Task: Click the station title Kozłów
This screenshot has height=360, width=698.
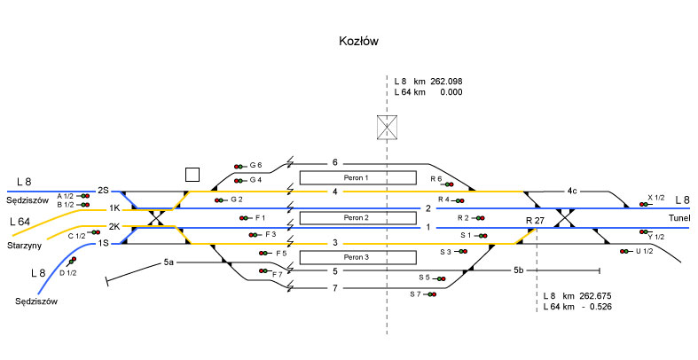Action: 359,42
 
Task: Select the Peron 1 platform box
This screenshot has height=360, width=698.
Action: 357,177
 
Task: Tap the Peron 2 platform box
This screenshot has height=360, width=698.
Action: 357,217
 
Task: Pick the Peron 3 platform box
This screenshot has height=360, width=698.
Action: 357,257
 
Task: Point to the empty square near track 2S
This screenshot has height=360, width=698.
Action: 192,174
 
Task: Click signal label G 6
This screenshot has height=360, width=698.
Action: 256,165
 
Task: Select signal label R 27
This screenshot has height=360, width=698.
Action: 534,219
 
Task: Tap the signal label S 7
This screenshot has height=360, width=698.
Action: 416,293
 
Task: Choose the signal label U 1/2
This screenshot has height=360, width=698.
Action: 644,251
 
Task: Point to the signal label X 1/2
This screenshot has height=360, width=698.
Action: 656,198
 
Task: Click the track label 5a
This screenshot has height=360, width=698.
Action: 169,262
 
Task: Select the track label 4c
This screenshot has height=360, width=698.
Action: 573,191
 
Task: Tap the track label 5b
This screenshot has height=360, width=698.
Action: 520,269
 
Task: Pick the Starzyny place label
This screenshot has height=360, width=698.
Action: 26,244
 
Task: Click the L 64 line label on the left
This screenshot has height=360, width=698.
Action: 20,221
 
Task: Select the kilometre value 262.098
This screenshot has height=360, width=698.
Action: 447,81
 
